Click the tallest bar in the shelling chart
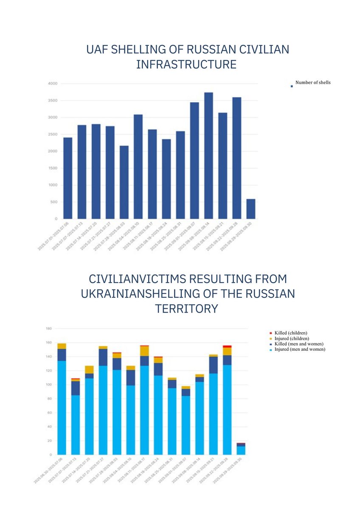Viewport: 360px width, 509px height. tap(208, 155)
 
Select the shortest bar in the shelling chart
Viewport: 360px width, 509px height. tap(250, 209)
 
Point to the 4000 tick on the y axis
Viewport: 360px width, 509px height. tap(53, 84)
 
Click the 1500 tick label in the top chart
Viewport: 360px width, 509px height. tap(53, 168)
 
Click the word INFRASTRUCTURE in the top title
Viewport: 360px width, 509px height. tap(186, 65)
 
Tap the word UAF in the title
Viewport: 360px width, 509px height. tap(98, 50)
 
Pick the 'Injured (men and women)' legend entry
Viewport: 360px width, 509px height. tap(300, 349)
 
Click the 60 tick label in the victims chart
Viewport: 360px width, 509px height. tap(49, 413)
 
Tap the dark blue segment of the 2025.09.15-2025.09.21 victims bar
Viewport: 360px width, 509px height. tap(214, 365)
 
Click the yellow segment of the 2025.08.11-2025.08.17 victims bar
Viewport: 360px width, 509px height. tap(144, 351)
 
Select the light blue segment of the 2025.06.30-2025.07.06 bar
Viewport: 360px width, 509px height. tap(62, 407)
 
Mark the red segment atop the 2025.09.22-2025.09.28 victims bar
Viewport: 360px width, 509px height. tap(227, 347)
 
